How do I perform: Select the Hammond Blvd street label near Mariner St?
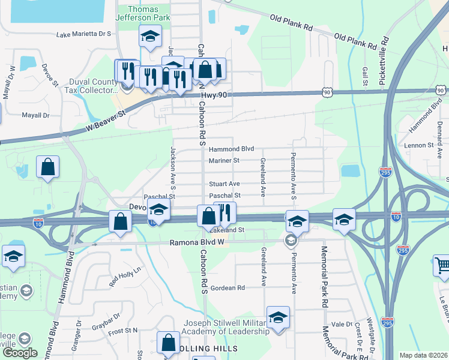coord(231,148)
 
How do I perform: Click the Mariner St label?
coord(224,160)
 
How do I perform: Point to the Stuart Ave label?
coord(224,184)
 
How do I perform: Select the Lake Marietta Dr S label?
coord(84,34)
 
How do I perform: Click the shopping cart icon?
coord(442,265)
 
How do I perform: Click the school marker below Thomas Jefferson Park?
coord(150,37)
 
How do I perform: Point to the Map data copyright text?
coord(423,355)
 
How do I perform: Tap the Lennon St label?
coord(418,145)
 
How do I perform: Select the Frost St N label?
coord(123,330)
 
